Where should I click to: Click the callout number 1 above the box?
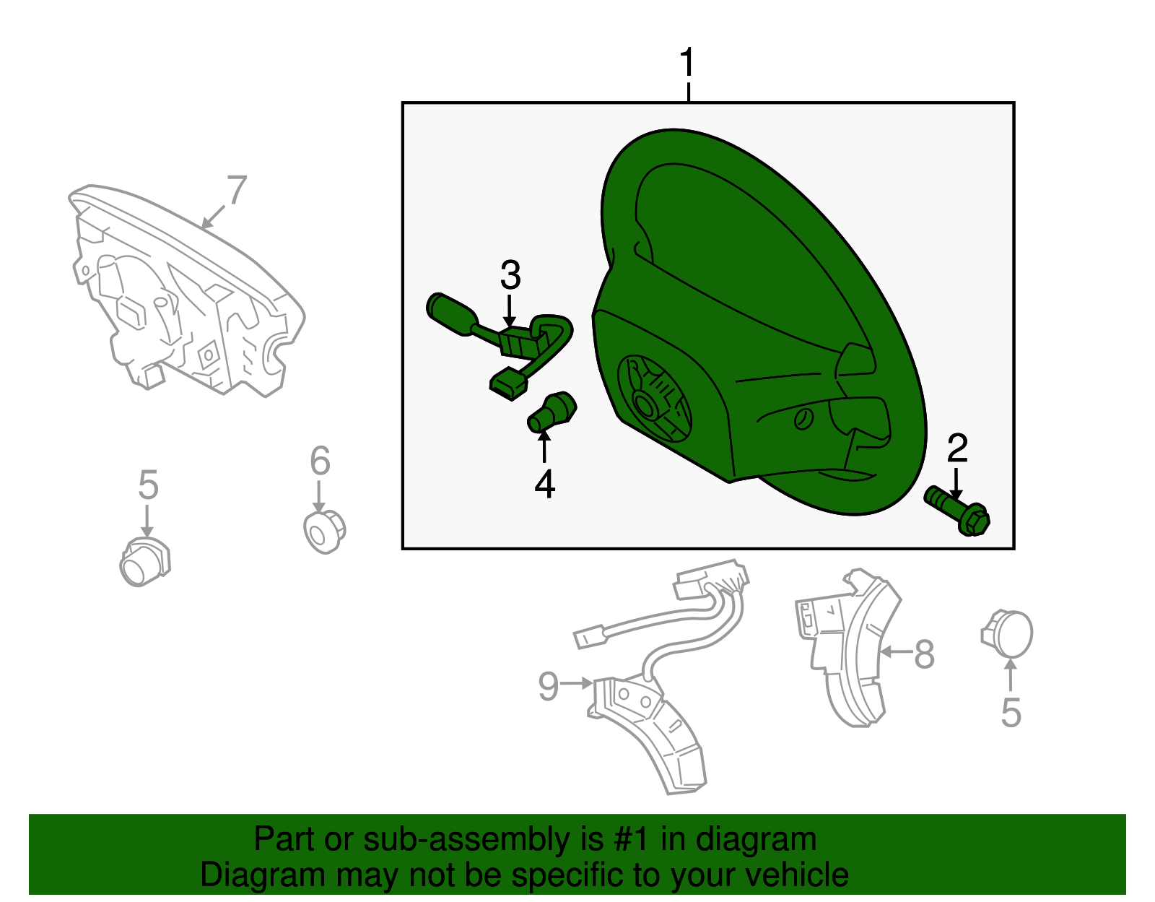point(687,62)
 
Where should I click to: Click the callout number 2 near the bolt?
point(957,448)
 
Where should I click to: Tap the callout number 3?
point(510,275)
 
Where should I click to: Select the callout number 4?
point(545,485)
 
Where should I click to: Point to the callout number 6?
point(320,461)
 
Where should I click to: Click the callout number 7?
point(237,190)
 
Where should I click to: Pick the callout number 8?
point(924,654)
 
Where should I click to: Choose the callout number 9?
point(549,685)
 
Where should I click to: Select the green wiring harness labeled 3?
point(500,344)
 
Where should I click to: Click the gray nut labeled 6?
point(324,532)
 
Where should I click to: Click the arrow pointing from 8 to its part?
point(896,651)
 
